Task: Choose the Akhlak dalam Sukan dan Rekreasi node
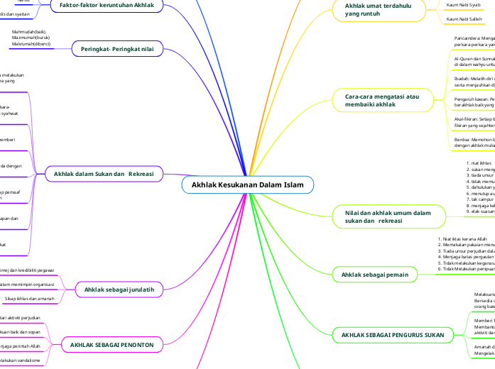pos(104,173)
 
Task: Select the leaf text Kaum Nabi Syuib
pos(463,5)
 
